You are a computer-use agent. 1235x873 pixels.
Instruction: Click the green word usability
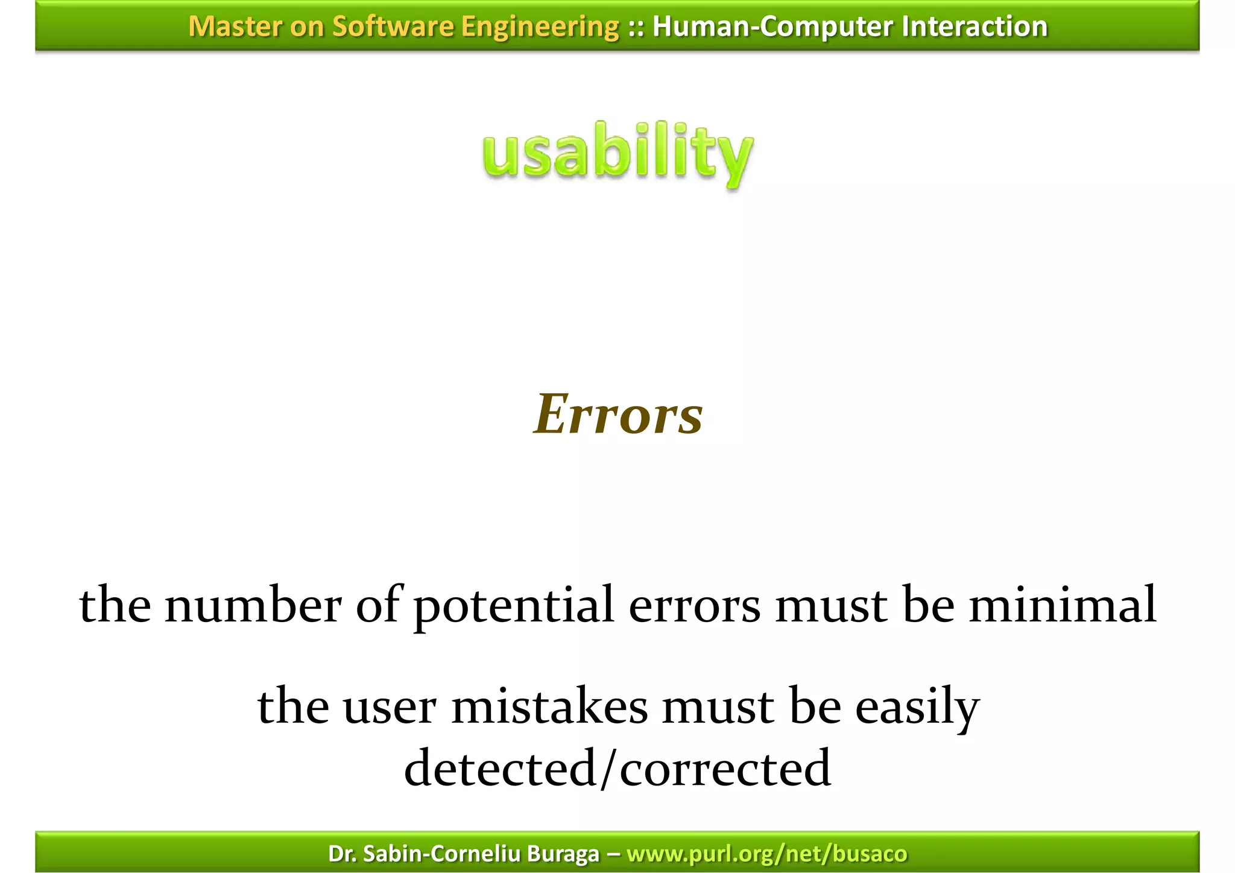[617, 154]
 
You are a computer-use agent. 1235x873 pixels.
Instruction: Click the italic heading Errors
[618, 415]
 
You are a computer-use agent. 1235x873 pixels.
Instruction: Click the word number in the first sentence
[253, 605]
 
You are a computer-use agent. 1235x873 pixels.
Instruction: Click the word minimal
[1063, 605]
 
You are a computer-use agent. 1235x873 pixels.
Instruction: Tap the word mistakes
[549, 707]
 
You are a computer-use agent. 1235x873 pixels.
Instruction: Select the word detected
[500, 769]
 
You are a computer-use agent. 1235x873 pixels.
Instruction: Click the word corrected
[725, 769]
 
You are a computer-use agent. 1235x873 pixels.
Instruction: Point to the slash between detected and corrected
[608, 769]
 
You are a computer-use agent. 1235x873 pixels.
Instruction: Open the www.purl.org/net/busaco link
[766, 854]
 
